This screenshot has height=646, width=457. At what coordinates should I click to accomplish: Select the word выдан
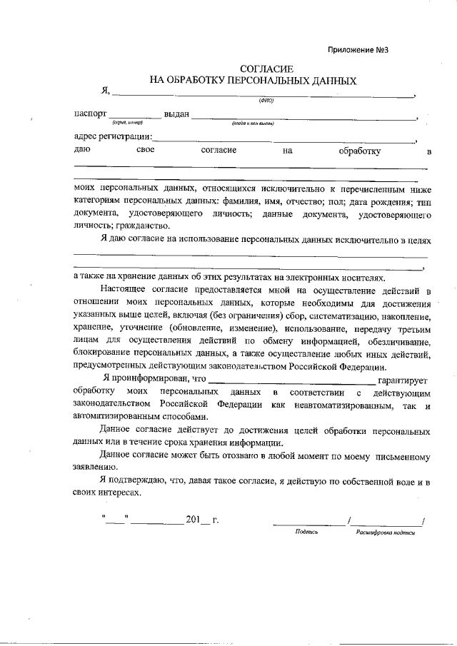(176, 114)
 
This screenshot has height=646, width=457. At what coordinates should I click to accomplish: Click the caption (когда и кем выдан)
(253, 123)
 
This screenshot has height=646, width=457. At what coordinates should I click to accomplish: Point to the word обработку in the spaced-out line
(359, 151)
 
